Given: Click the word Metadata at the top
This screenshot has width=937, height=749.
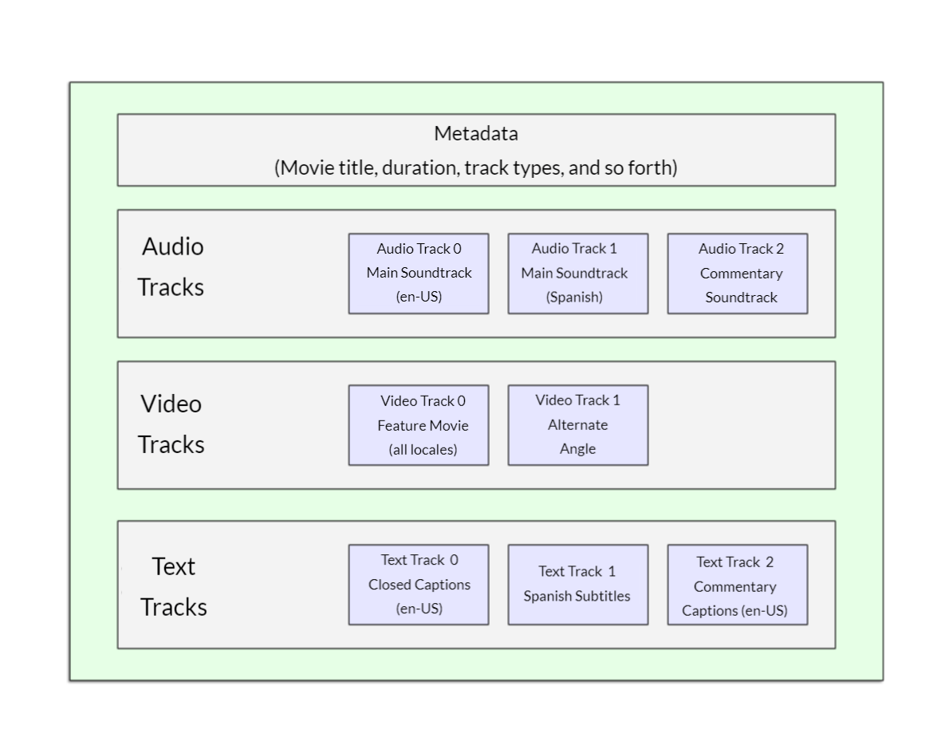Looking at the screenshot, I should (x=476, y=134).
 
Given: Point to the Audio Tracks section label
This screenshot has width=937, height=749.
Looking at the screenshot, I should (x=171, y=266).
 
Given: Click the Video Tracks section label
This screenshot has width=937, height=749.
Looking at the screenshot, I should (x=171, y=424).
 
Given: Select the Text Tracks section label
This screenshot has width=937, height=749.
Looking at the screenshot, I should (x=174, y=586).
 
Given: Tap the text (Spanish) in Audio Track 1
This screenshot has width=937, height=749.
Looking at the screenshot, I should (x=574, y=298).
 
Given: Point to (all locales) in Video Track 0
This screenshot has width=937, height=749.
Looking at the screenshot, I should (x=423, y=450).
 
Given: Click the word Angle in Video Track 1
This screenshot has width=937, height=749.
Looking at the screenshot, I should (x=577, y=449).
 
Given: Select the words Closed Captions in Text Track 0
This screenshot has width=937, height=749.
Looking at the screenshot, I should (x=419, y=585).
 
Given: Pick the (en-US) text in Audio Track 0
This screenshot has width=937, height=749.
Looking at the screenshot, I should (x=419, y=298).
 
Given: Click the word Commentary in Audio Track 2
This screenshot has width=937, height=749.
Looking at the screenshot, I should (x=741, y=274).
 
